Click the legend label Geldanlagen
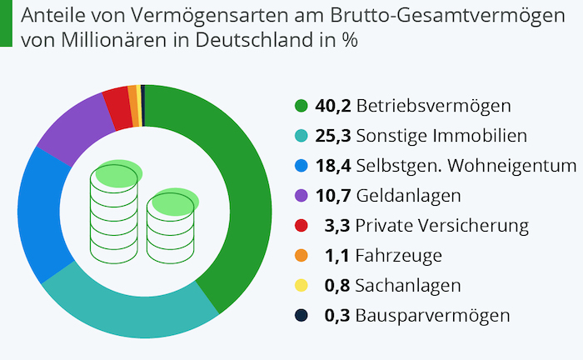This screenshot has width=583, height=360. click(x=400, y=196)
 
